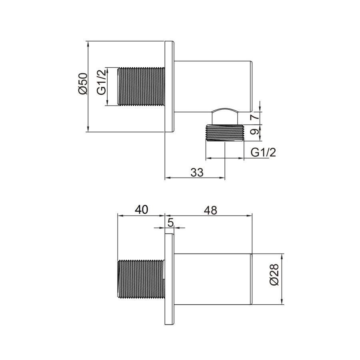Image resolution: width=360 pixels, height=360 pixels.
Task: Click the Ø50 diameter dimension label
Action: click(82, 84)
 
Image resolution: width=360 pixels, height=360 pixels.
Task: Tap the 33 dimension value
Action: click(196, 172)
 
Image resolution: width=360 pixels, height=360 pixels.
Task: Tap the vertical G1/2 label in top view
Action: click(102, 82)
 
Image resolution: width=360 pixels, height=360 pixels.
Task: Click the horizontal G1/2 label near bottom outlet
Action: click(264, 152)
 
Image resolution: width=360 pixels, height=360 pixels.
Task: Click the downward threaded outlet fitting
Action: click(224, 133)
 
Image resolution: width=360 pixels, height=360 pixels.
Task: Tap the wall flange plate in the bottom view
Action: click(170, 280)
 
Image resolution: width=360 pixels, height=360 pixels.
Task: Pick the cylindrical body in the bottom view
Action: click(212, 280)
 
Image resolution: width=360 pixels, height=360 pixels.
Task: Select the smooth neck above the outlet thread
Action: click(224, 117)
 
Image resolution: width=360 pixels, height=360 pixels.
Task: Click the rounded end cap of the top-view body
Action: click(252, 86)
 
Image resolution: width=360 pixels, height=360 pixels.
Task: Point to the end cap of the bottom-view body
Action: click(252, 280)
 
